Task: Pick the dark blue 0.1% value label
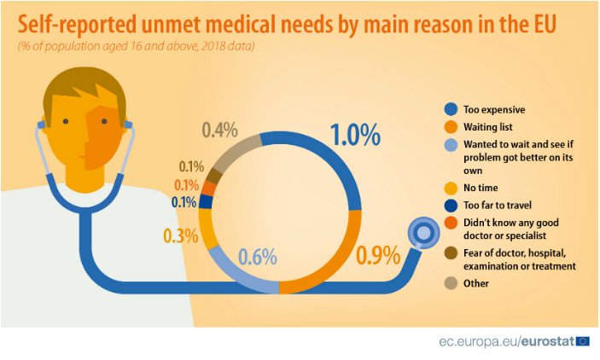coord(183,202)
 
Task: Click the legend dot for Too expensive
coord(450,109)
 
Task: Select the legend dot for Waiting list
coord(450,127)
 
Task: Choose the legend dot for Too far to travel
coord(450,206)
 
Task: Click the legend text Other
coord(476,283)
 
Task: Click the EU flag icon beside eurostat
coord(583,341)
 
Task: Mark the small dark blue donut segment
coord(205,202)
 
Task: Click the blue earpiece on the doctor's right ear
coord(128,127)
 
